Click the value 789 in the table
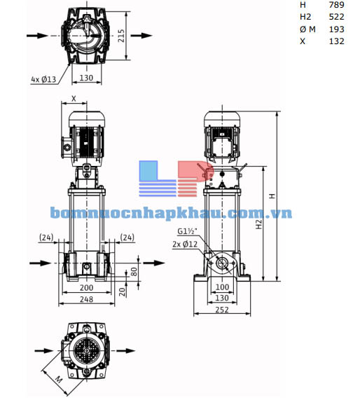336,5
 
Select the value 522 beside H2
336,17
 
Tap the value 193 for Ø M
336,29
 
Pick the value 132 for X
336,41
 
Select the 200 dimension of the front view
86,288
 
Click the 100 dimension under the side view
223,287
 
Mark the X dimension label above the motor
74,99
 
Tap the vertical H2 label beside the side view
259,224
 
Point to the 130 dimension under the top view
86,78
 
